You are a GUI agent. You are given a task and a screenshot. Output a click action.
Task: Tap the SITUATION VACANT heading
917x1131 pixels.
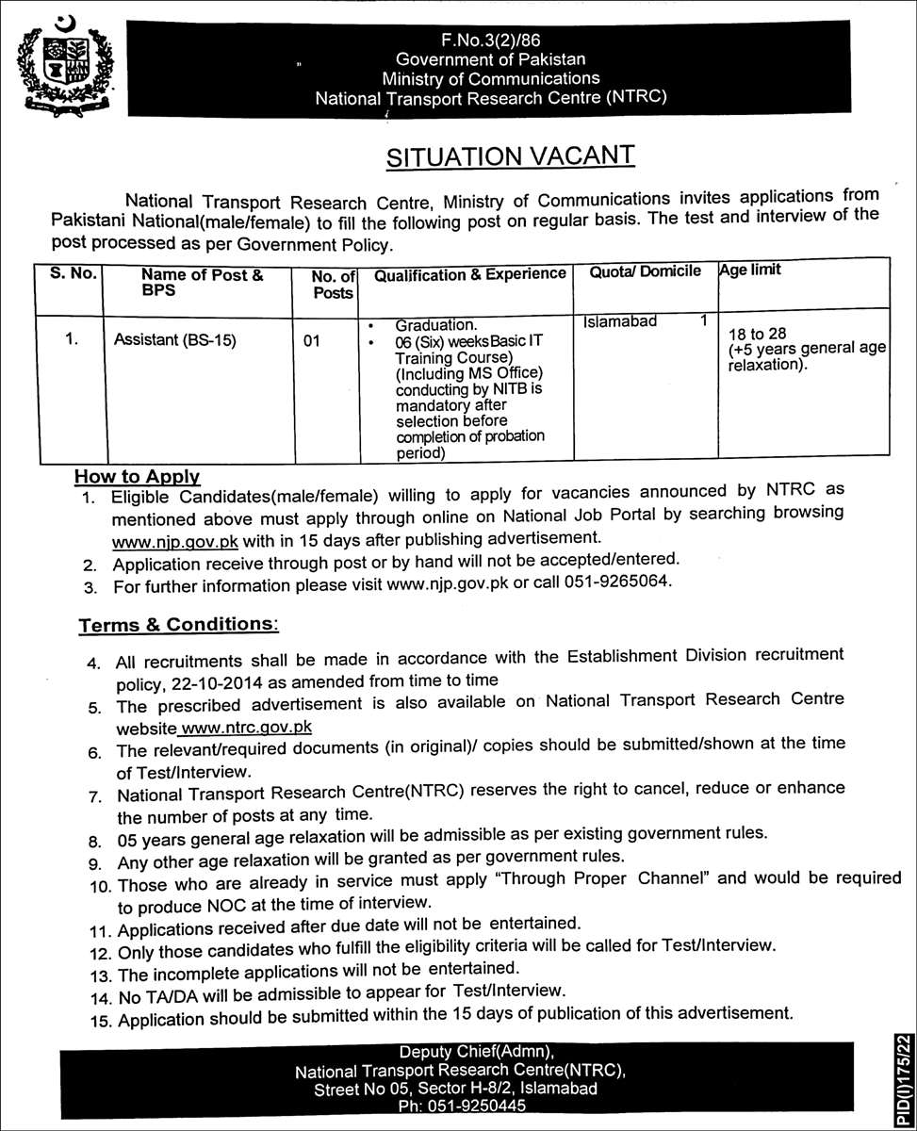click(511, 156)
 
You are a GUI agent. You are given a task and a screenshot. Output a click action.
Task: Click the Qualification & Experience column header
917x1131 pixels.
click(470, 274)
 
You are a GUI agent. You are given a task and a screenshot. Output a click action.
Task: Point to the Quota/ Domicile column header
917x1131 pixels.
click(645, 271)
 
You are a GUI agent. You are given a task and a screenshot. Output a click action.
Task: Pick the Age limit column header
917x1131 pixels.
click(750, 270)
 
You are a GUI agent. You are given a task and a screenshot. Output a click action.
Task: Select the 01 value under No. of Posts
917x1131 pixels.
click(313, 341)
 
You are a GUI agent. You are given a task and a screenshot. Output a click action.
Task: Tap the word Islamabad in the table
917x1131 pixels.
click(619, 321)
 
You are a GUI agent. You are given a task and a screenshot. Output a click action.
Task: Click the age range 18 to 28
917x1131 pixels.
click(751, 333)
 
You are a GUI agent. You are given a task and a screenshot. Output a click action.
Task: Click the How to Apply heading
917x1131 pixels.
click(138, 477)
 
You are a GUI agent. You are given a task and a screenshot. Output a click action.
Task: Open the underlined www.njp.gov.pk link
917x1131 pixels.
click(175, 541)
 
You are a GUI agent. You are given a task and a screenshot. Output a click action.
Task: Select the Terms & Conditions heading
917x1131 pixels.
click(177, 625)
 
